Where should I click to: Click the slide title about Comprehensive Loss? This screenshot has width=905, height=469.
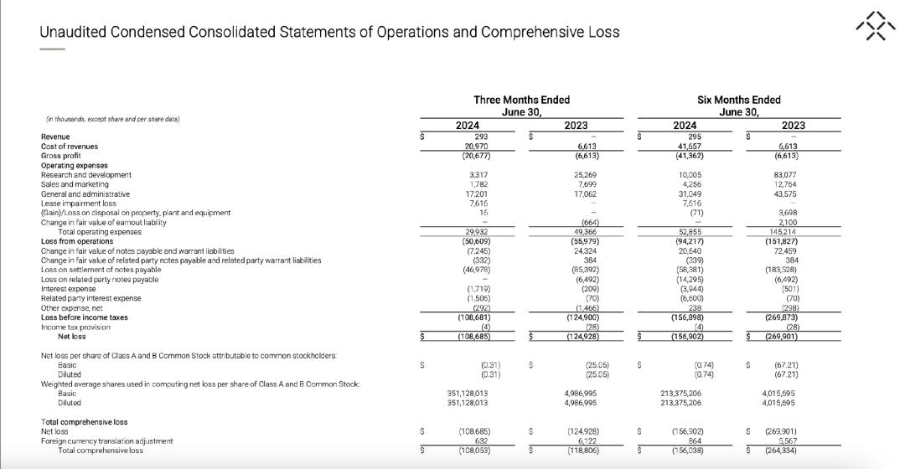[x=329, y=32]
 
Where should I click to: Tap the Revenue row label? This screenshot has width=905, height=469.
[x=55, y=137]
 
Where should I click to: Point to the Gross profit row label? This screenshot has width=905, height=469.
[x=61, y=156]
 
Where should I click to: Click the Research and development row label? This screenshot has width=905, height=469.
[x=86, y=175]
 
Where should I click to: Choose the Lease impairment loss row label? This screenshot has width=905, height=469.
[x=78, y=204]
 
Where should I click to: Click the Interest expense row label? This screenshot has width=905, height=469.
[x=70, y=289]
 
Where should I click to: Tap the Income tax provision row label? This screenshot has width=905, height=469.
[x=78, y=327]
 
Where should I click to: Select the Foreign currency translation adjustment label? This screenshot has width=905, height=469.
[x=106, y=441]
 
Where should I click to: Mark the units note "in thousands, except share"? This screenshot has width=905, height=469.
[x=111, y=119]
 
